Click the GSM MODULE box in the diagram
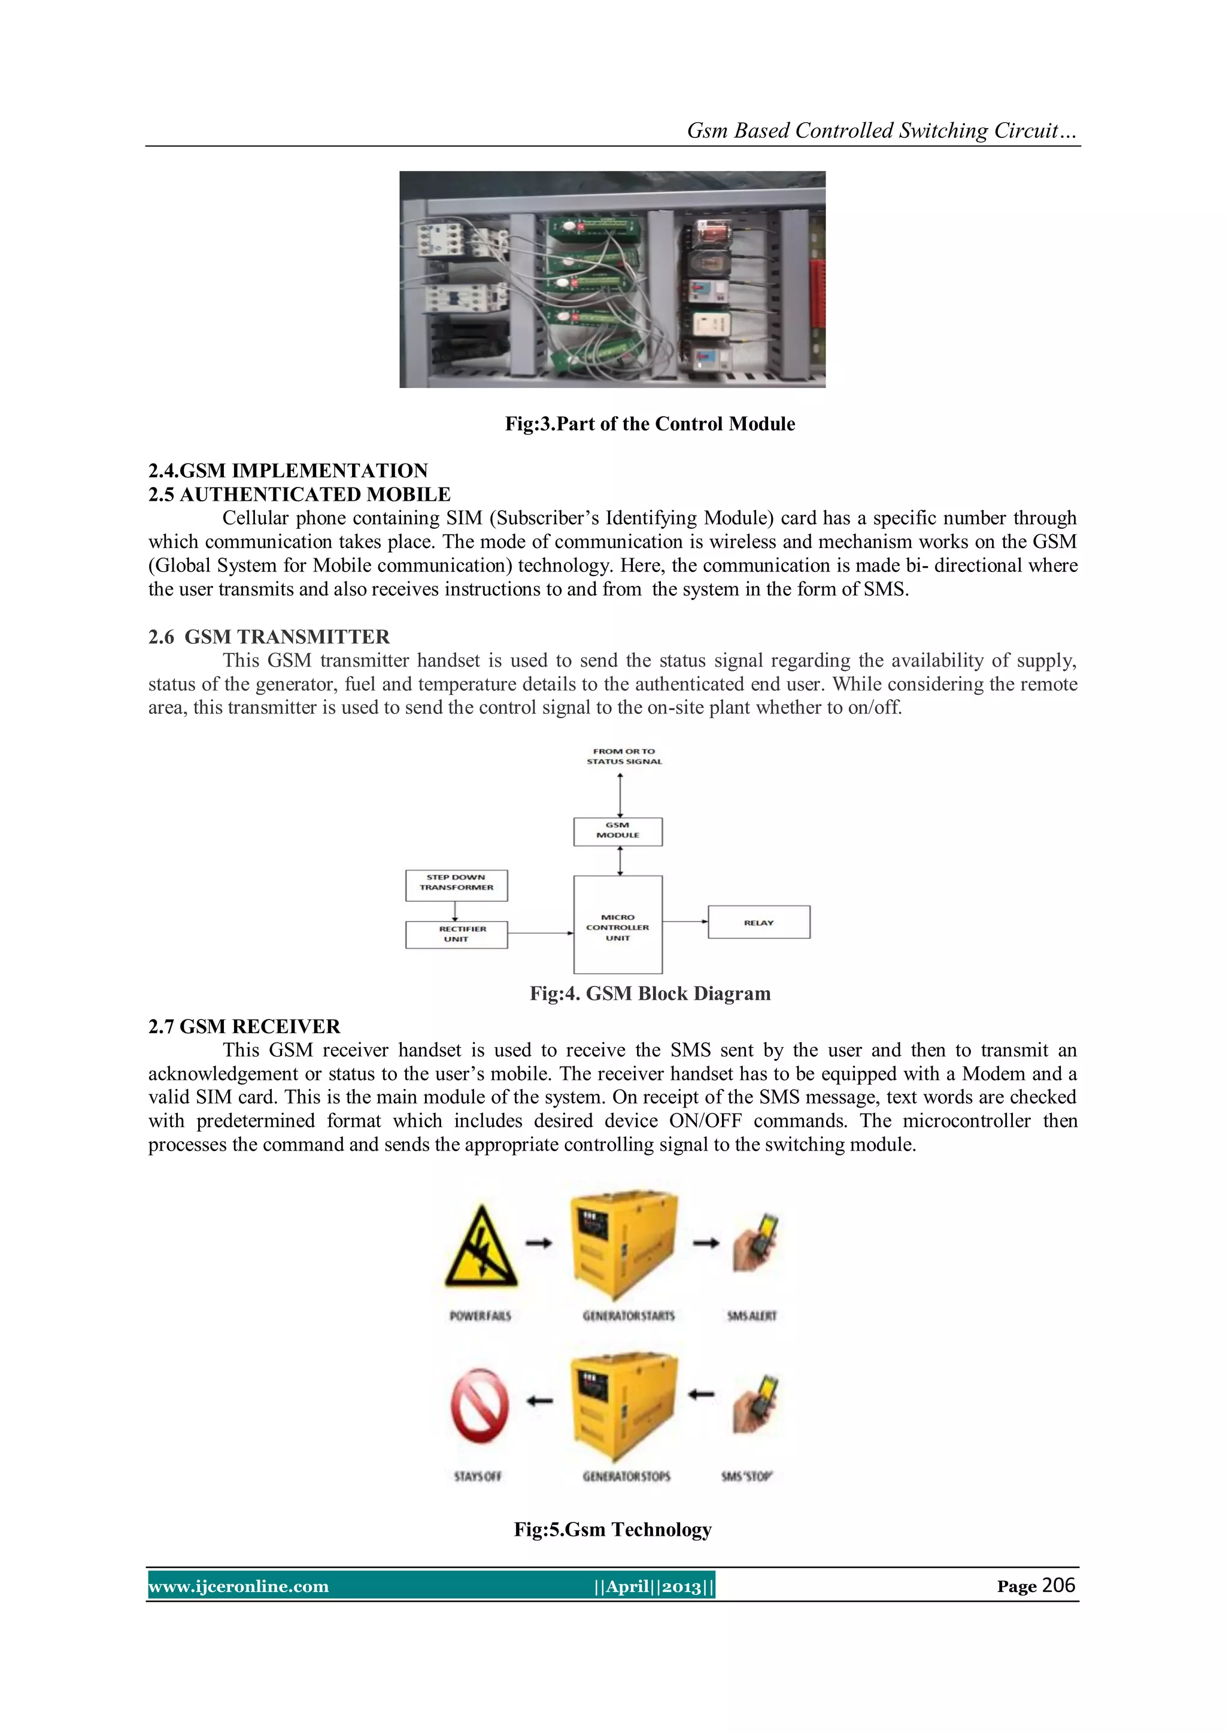coord(618,831)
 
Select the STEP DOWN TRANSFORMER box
coord(456,885)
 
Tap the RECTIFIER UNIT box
coord(456,934)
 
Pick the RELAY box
coord(758,922)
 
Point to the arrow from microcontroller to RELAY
coord(685,921)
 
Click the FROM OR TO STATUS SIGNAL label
coord(624,756)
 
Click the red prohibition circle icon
coord(480,1406)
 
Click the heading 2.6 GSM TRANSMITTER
coord(269,637)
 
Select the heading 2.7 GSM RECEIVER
coord(244,1027)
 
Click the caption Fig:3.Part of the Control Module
coord(650,423)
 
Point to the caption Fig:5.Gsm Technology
coord(612,1529)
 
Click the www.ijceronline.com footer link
coord(239,1586)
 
